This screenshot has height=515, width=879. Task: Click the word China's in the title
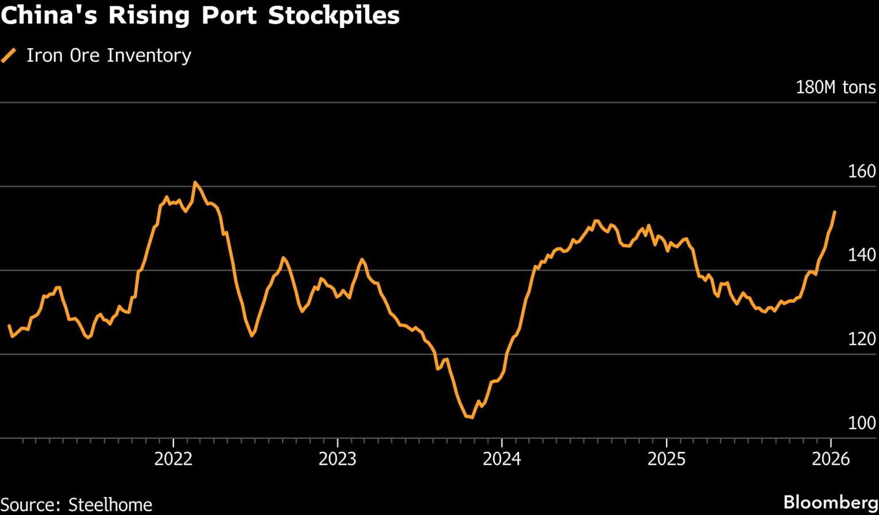[50, 15]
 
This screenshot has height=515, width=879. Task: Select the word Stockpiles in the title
[334, 15]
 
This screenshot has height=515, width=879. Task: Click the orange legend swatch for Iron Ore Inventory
[9, 56]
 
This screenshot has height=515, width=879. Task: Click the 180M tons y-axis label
[836, 87]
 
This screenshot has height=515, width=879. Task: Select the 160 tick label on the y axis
[862, 171]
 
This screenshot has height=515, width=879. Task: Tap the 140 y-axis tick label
[862, 255]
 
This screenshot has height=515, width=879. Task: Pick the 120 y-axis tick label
[862, 339]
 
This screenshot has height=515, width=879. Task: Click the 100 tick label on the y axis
[862, 423]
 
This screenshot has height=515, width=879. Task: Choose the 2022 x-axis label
[173, 459]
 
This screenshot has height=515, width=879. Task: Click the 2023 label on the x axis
[338, 459]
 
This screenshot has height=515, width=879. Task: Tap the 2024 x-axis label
[502, 459]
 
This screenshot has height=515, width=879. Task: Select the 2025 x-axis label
[667, 459]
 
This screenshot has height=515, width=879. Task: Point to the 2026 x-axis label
[831, 459]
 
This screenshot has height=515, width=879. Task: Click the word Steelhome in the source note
[110, 505]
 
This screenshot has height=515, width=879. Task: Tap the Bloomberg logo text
[830, 503]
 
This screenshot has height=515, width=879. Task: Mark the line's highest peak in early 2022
[195, 183]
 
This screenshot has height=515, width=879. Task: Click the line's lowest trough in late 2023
[471, 418]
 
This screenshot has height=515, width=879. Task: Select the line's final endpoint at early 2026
[835, 212]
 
